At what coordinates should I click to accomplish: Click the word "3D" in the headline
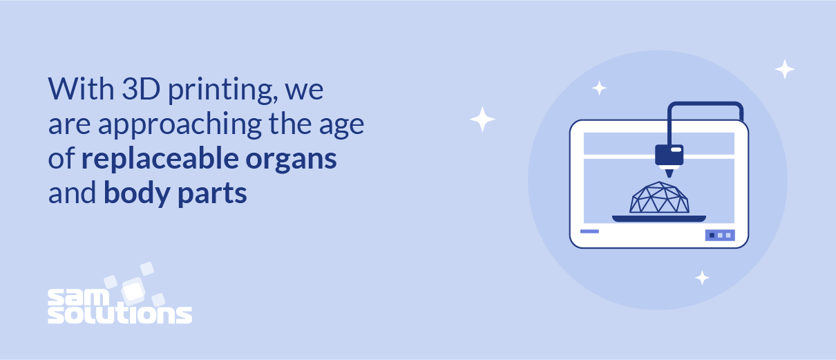[142, 89]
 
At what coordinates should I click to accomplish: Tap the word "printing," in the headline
[223, 91]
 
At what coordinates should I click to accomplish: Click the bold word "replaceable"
[160, 158]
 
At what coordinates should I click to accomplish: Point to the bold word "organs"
[291, 160]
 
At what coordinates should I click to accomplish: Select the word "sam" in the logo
[78, 298]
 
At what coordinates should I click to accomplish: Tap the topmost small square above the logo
[147, 269]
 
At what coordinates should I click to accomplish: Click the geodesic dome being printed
[659, 198]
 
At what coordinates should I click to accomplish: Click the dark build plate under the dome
[659, 218]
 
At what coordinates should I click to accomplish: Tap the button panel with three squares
[720, 235]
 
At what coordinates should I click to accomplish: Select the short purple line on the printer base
[589, 231]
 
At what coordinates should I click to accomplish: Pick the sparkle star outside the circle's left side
[482, 119]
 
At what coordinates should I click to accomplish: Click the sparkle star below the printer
[702, 278]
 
